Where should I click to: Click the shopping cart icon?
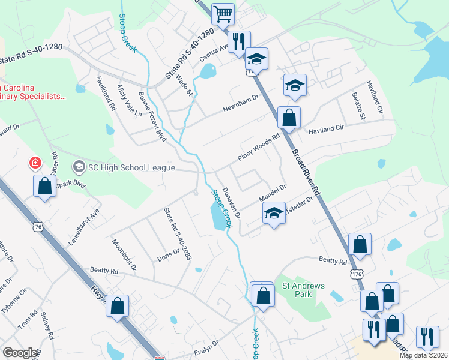tap(223, 14)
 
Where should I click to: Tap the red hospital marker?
tap(35, 163)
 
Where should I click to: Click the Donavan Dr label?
tap(231, 202)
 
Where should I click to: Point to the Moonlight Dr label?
tap(124, 254)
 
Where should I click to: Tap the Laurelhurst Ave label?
tap(83, 228)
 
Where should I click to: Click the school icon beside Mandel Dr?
tap(273, 214)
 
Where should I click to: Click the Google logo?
tap(20, 353)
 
